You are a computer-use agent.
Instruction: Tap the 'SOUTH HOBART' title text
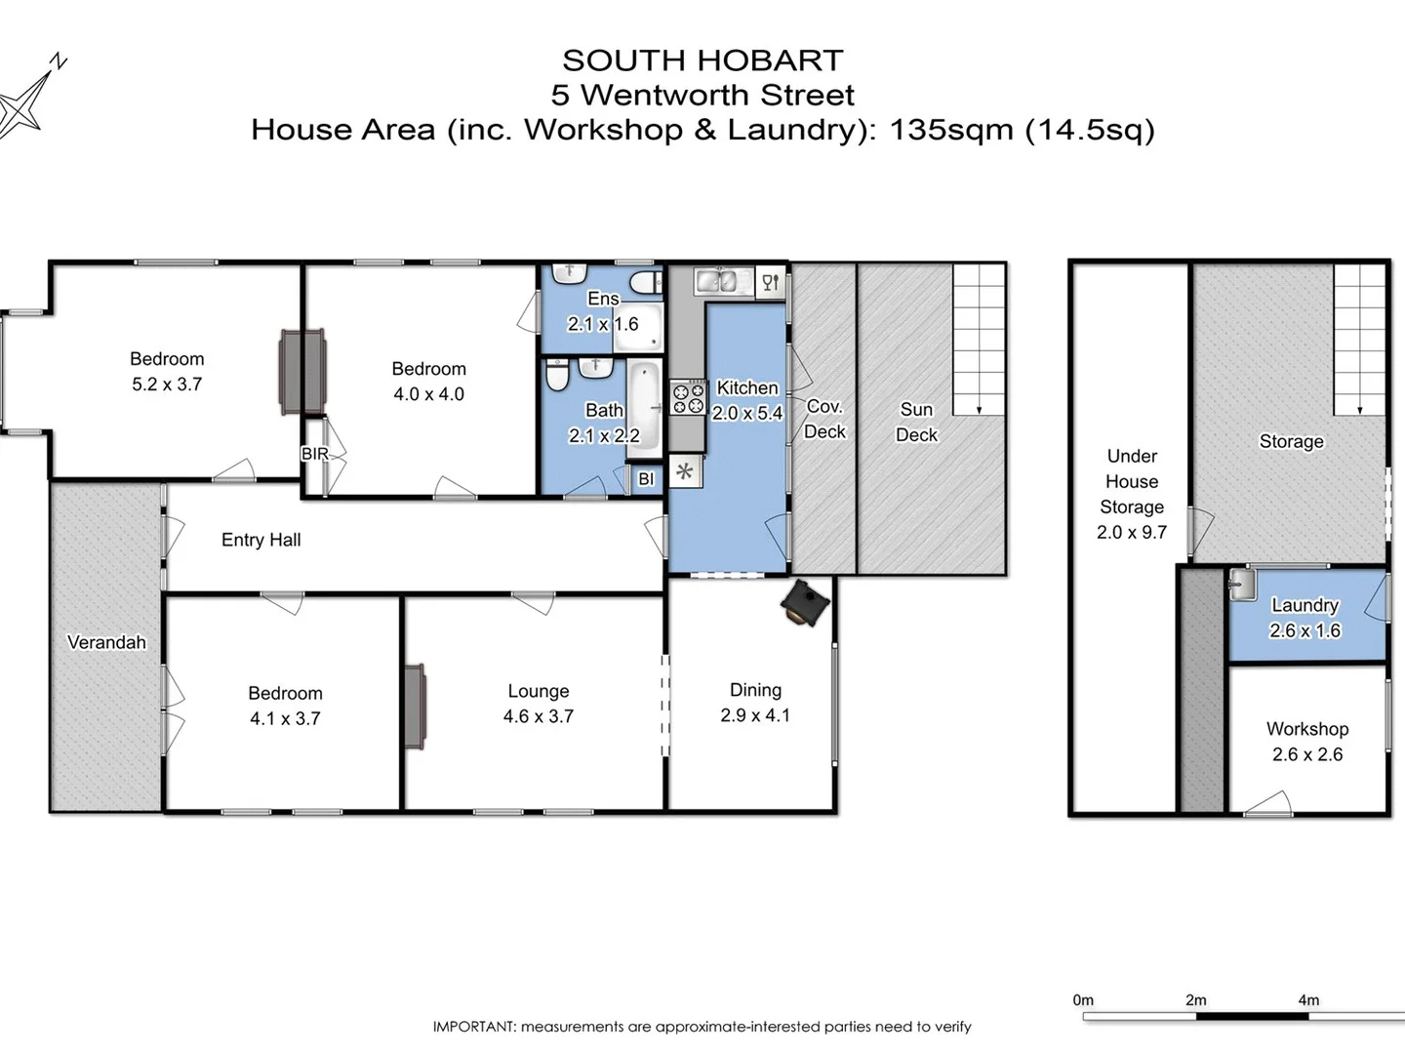702,61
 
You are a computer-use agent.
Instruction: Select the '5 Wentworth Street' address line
702,95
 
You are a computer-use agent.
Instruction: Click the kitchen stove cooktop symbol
687,398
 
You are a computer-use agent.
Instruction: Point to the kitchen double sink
717,282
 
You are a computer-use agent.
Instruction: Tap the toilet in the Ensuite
645,283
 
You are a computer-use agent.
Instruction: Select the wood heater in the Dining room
805,603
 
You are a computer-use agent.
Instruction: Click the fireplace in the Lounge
415,707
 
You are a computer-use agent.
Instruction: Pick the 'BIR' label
314,454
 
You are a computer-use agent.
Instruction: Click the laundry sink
1242,585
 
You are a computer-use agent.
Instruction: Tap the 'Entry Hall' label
261,540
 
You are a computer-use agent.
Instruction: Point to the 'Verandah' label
106,642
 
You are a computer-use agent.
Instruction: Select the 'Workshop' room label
1306,729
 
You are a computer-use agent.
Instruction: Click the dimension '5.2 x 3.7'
167,385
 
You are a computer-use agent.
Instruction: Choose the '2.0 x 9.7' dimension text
1131,532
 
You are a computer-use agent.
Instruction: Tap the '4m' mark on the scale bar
1308,1000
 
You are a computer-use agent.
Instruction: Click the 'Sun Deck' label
916,422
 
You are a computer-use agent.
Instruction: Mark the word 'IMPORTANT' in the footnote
473,1027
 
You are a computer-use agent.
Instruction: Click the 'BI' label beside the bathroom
646,479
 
